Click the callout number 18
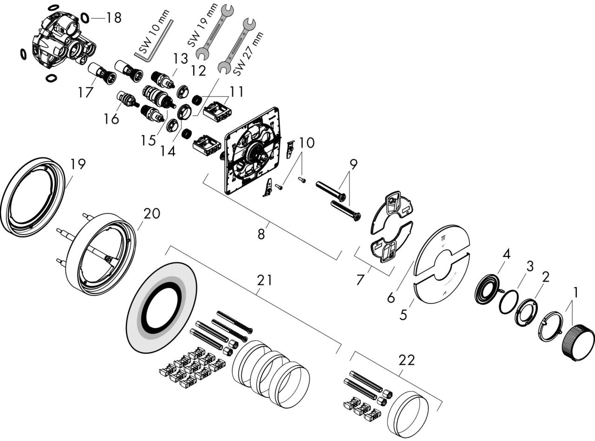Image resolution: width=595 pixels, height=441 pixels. (114, 18)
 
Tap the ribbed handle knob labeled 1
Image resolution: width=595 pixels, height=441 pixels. (577, 346)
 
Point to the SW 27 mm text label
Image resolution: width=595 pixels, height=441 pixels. (248, 54)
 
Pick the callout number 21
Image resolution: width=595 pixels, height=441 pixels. (264, 280)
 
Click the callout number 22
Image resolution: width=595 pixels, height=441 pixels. (407, 361)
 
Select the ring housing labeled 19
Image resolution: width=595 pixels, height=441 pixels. (33, 197)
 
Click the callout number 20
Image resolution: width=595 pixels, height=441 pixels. (152, 213)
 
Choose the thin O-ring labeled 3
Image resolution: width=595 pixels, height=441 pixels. (509, 302)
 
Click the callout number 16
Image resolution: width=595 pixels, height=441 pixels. (112, 118)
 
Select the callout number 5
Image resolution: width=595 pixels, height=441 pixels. (403, 315)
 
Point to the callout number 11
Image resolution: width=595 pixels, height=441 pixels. (236, 92)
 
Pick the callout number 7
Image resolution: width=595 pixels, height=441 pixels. (360, 280)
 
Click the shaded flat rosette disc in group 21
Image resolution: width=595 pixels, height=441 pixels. (161, 308)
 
